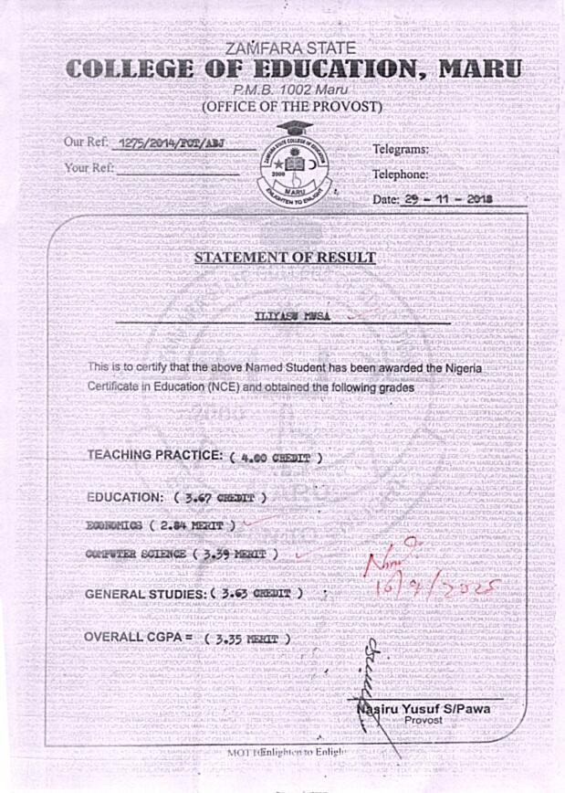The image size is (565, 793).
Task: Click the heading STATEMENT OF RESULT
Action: click(285, 257)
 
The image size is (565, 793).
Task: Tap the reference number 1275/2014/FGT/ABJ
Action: click(169, 143)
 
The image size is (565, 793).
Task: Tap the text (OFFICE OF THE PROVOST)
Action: click(291, 107)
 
